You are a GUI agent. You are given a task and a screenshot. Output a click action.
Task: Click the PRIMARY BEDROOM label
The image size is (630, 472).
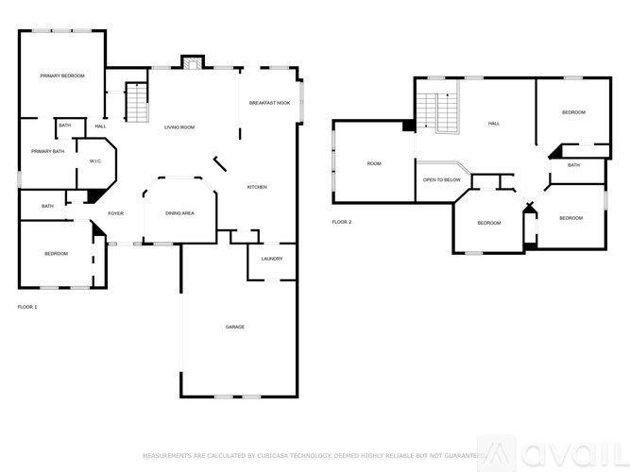point(61,76)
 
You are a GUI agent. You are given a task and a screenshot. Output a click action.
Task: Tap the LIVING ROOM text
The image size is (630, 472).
point(179,126)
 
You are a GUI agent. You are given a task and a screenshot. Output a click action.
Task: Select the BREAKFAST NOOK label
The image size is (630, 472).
point(269,102)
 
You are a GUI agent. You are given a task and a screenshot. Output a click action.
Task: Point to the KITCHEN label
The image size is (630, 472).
point(257,187)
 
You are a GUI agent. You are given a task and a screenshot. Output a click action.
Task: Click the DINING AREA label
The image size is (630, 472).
point(179,213)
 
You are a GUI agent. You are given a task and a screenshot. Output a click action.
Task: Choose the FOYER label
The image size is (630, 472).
point(115,213)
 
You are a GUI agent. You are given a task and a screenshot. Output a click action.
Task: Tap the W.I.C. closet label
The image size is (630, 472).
point(95,160)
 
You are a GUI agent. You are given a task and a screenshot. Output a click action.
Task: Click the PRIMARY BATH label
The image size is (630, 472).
point(47,151)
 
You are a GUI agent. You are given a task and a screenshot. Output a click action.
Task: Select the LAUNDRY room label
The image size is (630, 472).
point(272,259)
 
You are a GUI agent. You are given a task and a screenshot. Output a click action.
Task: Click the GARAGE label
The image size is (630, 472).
point(235,327)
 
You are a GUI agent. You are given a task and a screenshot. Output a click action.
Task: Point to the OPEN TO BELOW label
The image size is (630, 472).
point(442,179)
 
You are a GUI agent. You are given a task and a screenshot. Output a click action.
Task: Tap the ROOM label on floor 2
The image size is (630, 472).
point(374,164)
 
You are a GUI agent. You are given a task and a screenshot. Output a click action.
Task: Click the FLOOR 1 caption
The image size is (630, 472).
point(28,307)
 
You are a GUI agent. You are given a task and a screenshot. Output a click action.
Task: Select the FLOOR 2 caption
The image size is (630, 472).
point(341,222)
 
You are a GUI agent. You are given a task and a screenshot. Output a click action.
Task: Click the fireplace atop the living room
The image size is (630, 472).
point(192,63)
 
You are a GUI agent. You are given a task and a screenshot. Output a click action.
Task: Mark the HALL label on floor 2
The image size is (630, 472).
point(493,124)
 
